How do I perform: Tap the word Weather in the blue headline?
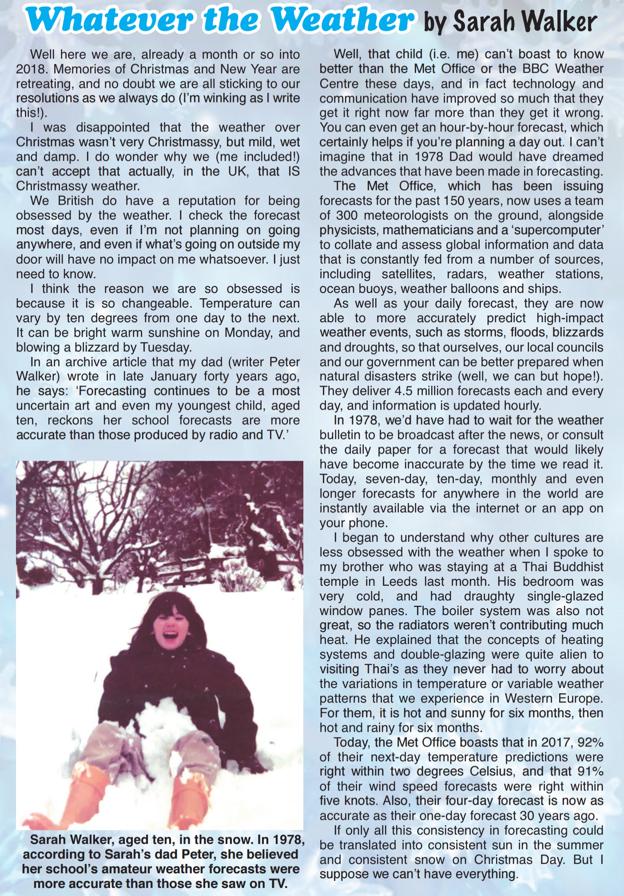click(x=342, y=20)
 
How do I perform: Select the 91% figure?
click(x=589, y=771)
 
